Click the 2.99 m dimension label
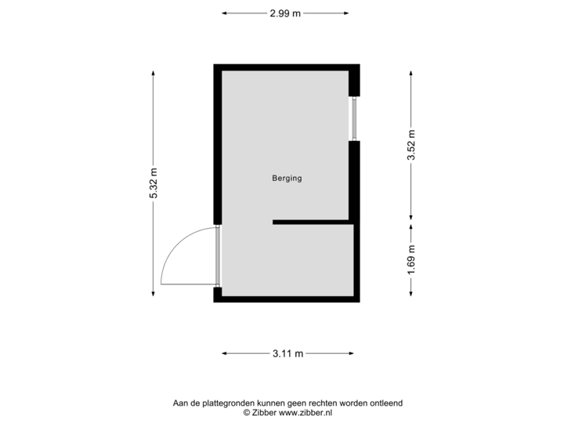tap(285, 13)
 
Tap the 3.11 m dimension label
tap(287, 353)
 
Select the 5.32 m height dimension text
tap(154, 183)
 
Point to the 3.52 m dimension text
tap(411, 145)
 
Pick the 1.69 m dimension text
tap(411, 260)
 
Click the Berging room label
tap(287, 178)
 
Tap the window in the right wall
tap(354, 119)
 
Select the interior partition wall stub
tap(313, 222)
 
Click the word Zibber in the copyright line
tap(264, 413)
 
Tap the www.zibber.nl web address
tap(305, 413)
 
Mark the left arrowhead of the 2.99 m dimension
tap(224, 13)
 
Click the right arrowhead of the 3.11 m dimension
tap(352, 353)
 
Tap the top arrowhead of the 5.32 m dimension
tap(154, 73)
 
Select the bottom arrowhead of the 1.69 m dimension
tap(410, 294)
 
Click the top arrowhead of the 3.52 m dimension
tap(410, 73)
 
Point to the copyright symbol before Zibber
tap(247, 413)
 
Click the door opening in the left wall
tap(218, 256)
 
